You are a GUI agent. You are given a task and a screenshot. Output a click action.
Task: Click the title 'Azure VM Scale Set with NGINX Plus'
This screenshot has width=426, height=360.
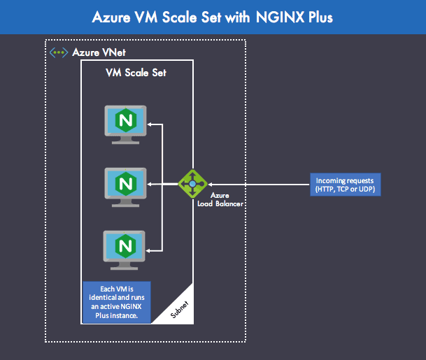[213, 17]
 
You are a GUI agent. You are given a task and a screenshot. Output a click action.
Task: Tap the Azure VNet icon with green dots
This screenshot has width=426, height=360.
[58, 52]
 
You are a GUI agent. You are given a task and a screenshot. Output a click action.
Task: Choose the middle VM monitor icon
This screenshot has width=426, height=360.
[126, 186]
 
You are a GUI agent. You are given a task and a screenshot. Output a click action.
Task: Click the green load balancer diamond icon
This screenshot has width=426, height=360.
[192, 184]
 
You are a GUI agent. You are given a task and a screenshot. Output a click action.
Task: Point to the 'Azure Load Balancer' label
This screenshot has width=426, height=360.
[219, 199]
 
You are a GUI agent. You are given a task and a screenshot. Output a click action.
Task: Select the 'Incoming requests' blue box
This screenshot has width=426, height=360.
[346, 184]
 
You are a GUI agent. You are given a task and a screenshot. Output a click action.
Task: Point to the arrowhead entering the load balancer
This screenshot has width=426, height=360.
[208, 184]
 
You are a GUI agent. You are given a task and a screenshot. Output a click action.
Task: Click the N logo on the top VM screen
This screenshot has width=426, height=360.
[126, 120]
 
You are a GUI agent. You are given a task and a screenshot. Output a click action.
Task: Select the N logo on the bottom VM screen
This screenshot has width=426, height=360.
[126, 245]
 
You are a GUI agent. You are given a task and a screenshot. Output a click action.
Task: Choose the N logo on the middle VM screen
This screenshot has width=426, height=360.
[126, 182]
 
